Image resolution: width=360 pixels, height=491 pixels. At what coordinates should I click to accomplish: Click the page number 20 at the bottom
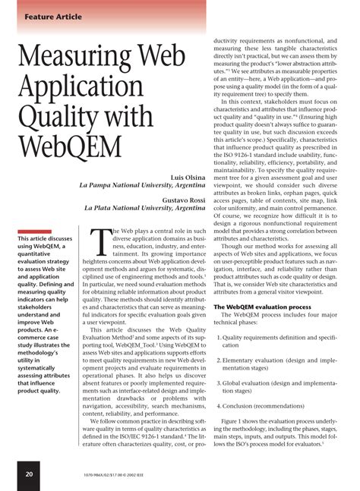(x=28, y=474)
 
